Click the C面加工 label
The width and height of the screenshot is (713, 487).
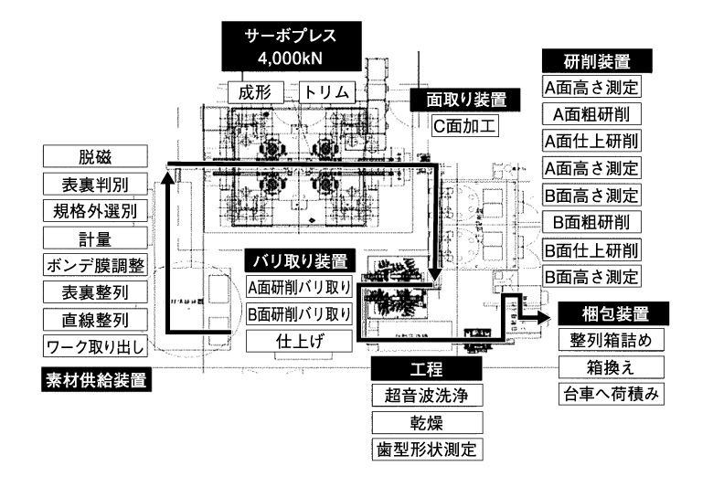[x=465, y=124]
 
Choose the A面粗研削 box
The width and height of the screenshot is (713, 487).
[x=591, y=115]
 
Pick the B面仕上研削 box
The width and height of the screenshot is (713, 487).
[x=591, y=249]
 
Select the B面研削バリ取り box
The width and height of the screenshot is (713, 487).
[x=299, y=313]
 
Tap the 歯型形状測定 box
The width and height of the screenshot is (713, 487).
[x=427, y=450]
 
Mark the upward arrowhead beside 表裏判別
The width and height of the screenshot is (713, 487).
[x=168, y=179]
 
